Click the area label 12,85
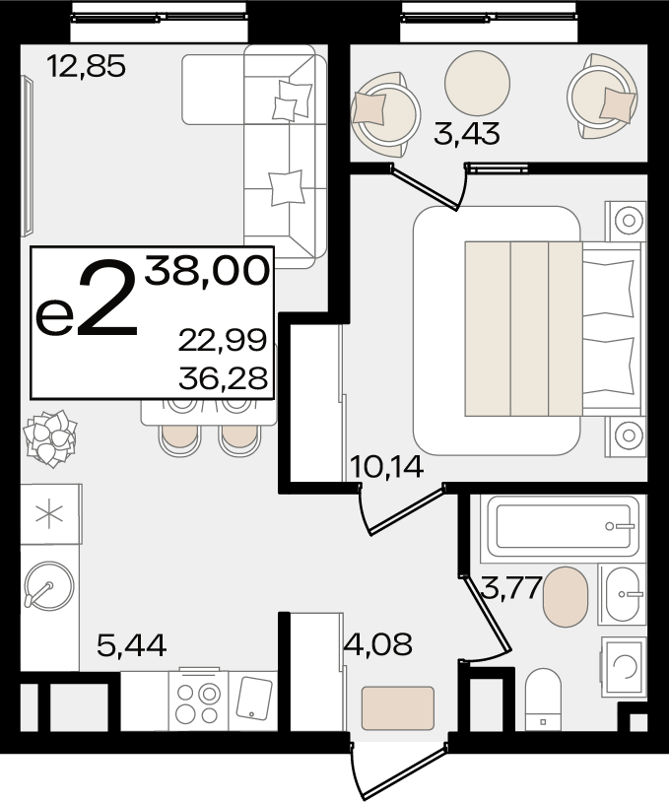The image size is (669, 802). click(x=86, y=66)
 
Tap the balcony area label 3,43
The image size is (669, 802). click(x=466, y=134)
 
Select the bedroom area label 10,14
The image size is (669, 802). click(x=386, y=466)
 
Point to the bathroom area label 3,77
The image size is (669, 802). click(x=511, y=587)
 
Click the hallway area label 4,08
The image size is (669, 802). click(x=378, y=644)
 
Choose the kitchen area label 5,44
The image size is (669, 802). click(x=132, y=645)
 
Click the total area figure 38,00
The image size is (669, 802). click(x=207, y=271)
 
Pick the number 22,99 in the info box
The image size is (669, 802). click(x=223, y=340)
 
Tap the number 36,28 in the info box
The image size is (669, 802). click(x=223, y=378)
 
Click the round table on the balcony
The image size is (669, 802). click(x=477, y=83)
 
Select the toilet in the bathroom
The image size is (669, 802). click(x=543, y=700)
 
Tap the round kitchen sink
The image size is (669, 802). click(x=49, y=586)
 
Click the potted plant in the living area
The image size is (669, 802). click(x=50, y=438)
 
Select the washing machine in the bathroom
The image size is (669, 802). click(x=624, y=666)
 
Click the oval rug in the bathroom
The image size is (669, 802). click(x=566, y=596)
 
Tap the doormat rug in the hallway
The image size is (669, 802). click(x=398, y=708)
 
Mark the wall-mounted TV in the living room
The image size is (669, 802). click(x=28, y=156)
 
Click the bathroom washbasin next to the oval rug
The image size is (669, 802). click(x=622, y=595)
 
